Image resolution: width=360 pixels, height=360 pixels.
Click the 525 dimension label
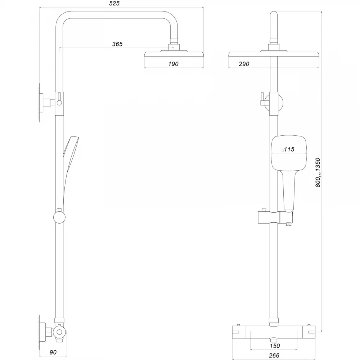pyautogui.click(x=114, y=4)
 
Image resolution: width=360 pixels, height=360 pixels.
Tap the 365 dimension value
pyautogui.click(x=117, y=44)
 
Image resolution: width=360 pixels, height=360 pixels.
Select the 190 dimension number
pyautogui.click(x=173, y=64)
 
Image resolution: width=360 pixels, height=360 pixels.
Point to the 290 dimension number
pyautogui.click(x=244, y=64)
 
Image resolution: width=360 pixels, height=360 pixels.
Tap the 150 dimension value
pyautogui.click(x=275, y=346)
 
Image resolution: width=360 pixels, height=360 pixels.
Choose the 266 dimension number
pyautogui.click(x=275, y=355)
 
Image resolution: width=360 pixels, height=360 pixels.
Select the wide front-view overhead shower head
pyautogui.click(x=274, y=54)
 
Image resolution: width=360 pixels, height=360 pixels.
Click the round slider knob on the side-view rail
pyautogui.click(x=59, y=218)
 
